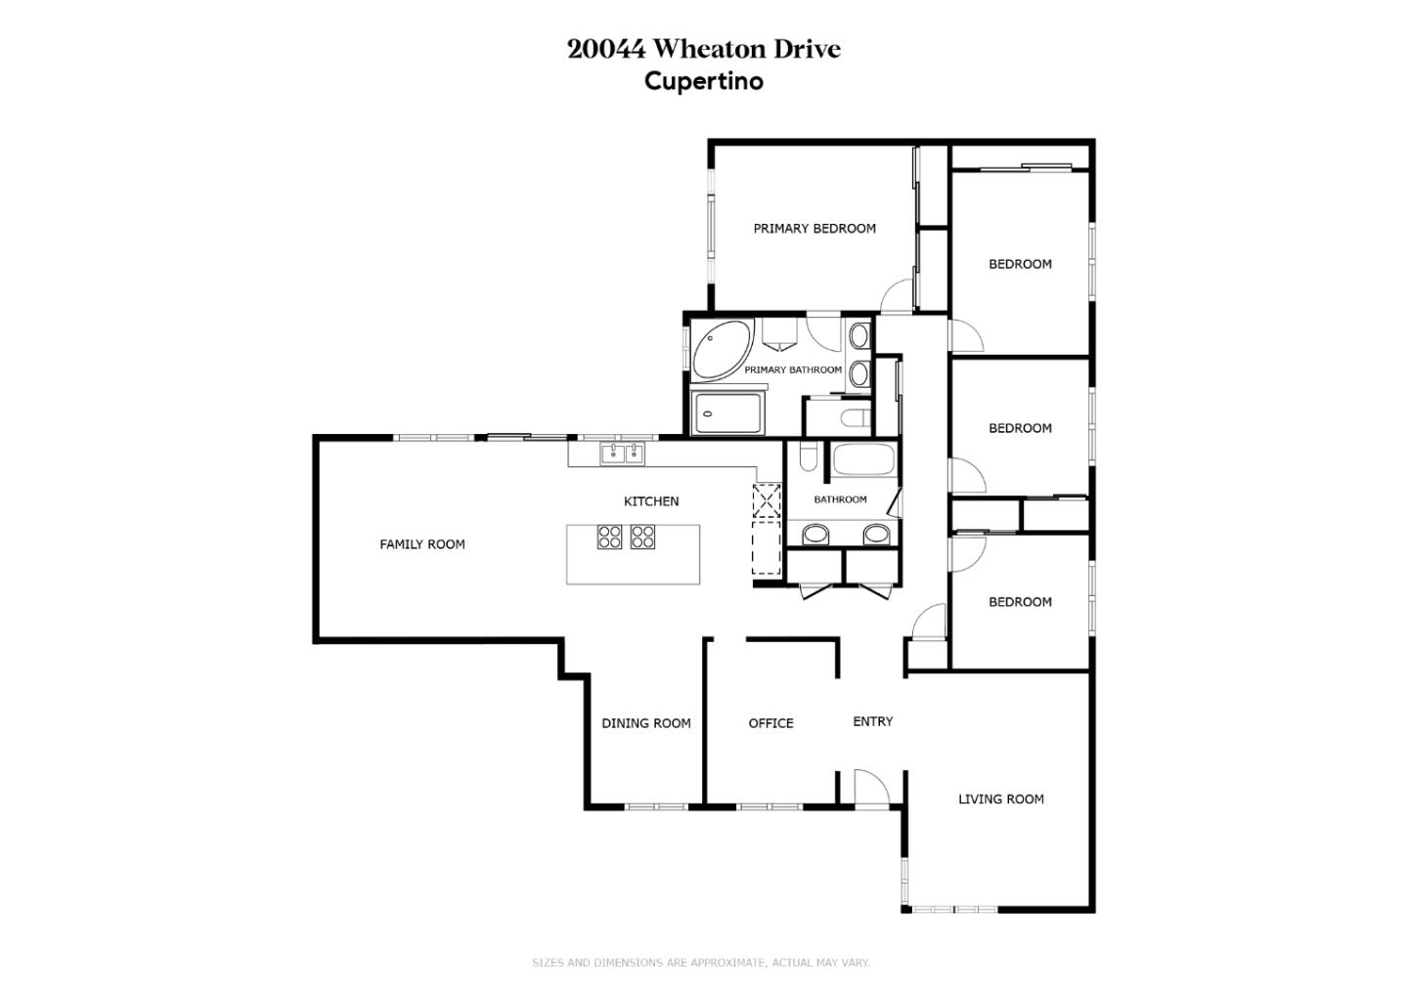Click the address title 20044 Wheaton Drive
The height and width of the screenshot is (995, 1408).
click(x=703, y=49)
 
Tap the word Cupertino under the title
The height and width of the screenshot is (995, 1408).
click(x=703, y=81)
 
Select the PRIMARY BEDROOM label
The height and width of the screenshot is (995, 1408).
click(x=814, y=229)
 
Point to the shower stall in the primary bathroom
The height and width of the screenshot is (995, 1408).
click(x=727, y=412)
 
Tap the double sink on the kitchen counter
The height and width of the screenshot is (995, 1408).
click(x=622, y=453)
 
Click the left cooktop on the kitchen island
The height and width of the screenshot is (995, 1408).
click(x=609, y=537)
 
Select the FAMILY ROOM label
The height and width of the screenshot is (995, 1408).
click(x=421, y=544)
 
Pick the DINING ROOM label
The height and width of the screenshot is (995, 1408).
click(x=645, y=723)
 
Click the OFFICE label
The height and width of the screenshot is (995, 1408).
click(x=770, y=723)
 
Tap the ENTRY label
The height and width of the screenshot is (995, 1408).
click(x=872, y=721)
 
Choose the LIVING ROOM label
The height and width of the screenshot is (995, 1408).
click(x=1000, y=800)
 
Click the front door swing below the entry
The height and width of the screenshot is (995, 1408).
click(x=869, y=788)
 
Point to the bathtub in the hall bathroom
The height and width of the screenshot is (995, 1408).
click(x=862, y=460)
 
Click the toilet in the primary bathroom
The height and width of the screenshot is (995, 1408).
click(x=854, y=419)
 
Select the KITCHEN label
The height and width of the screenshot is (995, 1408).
click(x=650, y=501)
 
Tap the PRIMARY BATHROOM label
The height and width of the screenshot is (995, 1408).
click(x=792, y=370)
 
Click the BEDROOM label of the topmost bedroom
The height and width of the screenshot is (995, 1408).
click(x=1020, y=264)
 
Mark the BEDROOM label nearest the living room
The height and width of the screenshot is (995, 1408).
click(x=1020, y=602)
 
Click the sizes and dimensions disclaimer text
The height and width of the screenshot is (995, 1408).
click(x=700, y=963)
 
